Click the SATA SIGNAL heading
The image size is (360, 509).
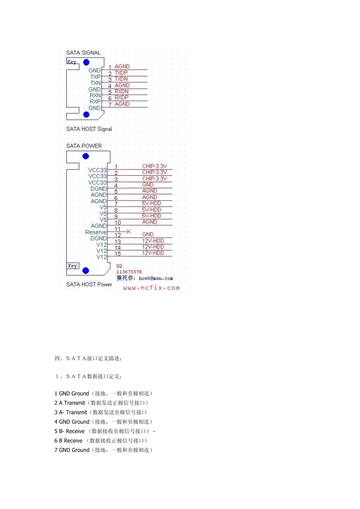coord(83,53)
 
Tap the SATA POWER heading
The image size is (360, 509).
coord(84,146)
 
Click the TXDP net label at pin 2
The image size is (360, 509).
coord(121,73)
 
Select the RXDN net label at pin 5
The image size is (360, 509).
coord(122,91)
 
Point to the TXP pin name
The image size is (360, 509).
coord(95,77)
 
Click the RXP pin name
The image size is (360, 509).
coord(95,101)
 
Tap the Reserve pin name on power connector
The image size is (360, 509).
coord(96,232)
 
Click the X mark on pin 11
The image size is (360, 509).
coord(128,231)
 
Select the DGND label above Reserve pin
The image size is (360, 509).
coord(98,189)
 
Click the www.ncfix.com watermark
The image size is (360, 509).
coord(151,288)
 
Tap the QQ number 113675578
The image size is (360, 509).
coord(129,272)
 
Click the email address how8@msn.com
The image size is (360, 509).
coord(156,278)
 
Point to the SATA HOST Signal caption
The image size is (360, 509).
coord(89,129)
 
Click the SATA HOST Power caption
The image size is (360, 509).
coord(89,284)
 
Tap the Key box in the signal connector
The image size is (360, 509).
coord(72,62)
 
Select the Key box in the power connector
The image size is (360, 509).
coord(72,266)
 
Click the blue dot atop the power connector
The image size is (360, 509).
coord(86,156)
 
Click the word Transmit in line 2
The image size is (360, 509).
coord(75,403)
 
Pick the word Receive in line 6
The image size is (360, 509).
coord(73,440)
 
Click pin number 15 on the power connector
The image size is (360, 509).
coord(118,254)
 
